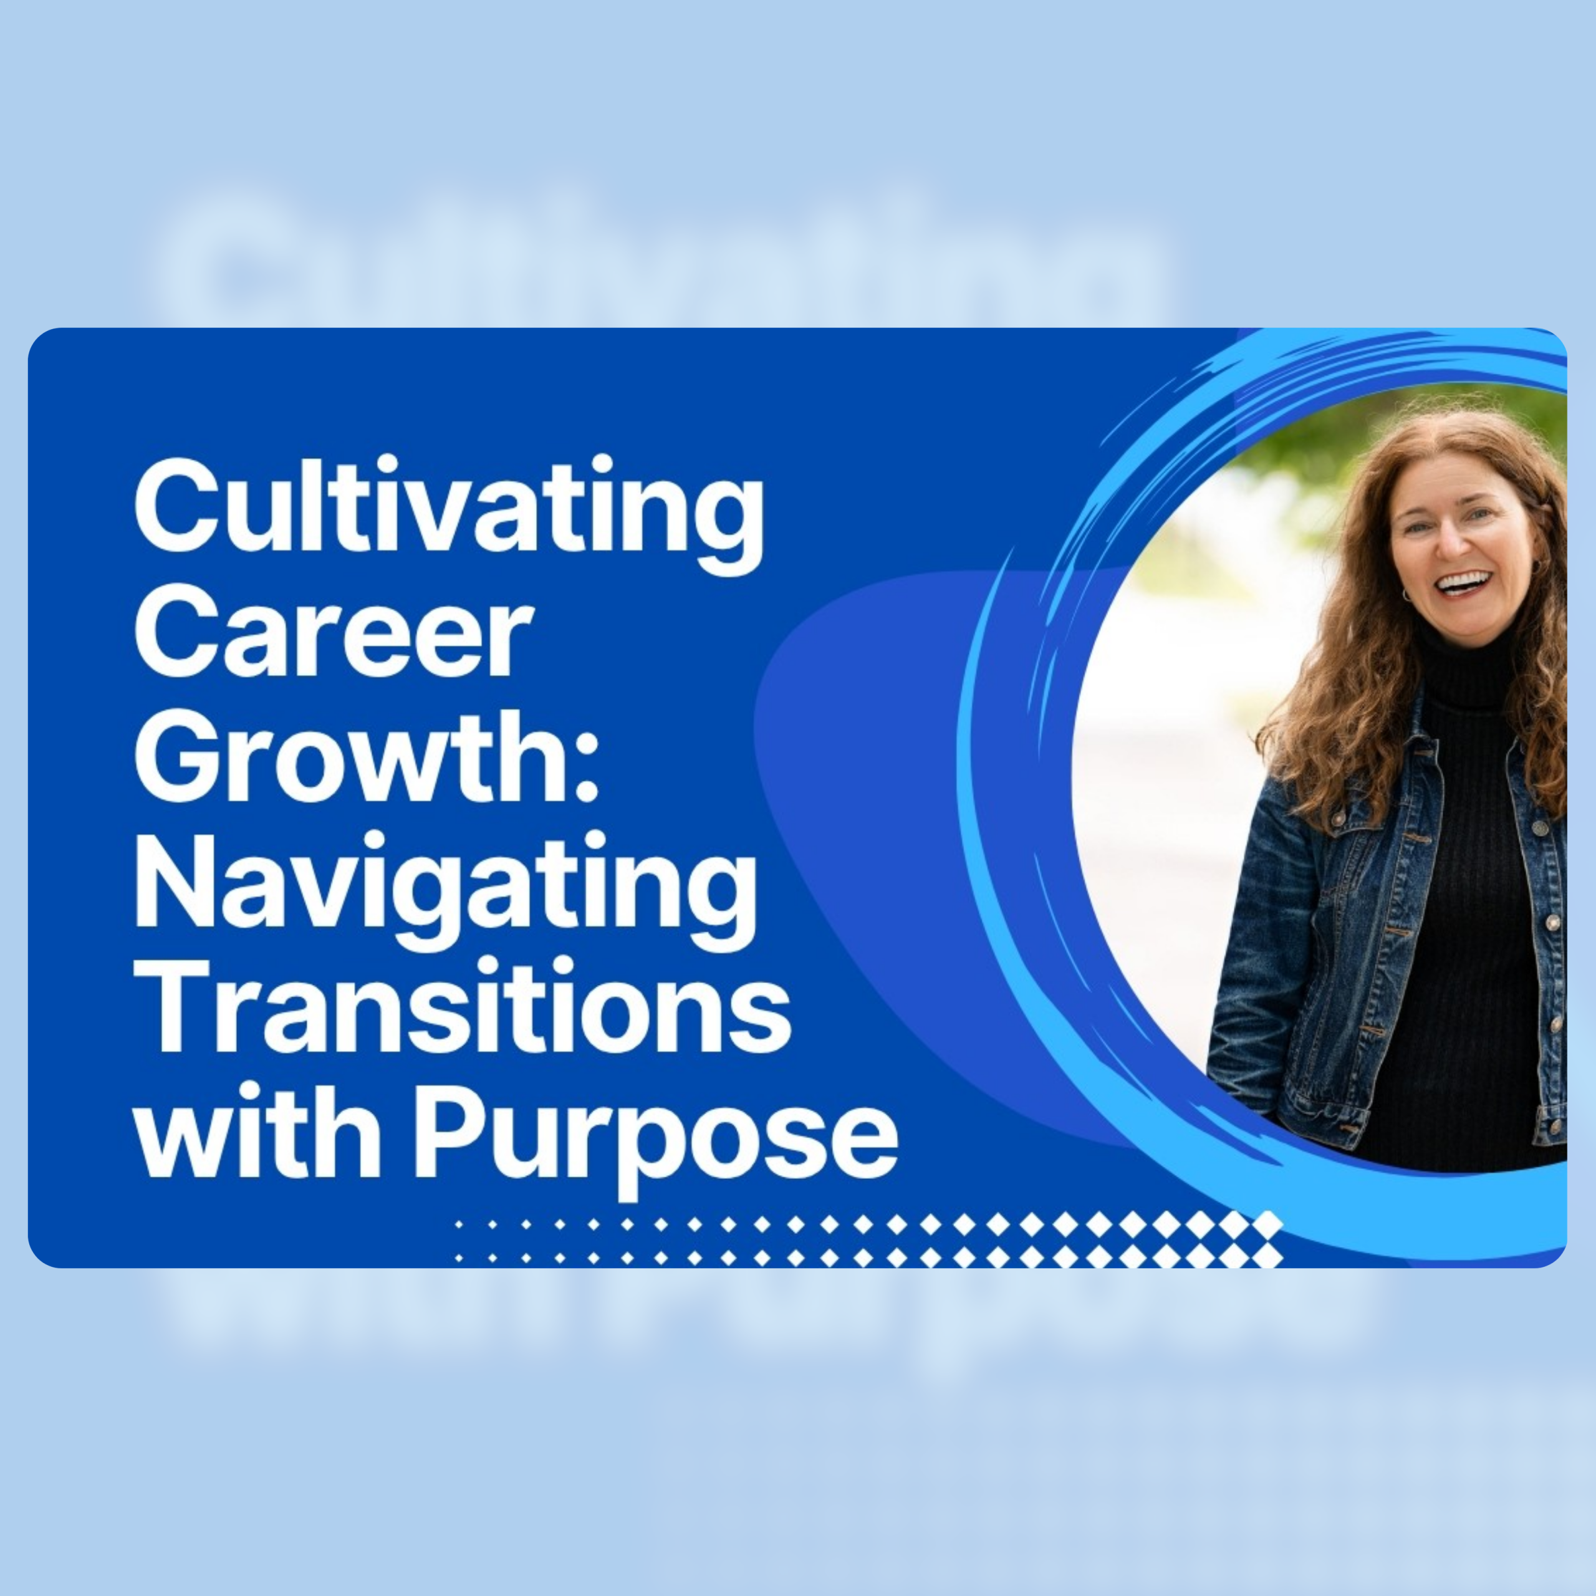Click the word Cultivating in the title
[x=449, y=512]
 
